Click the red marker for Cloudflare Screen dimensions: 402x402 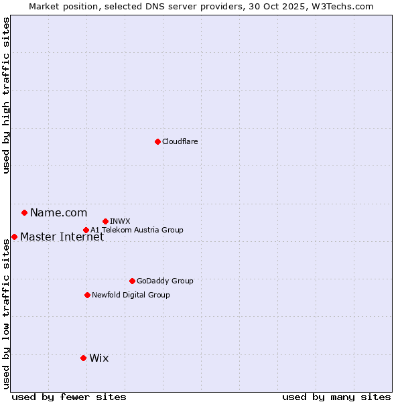(157, 141)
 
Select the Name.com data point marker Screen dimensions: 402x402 (24, 213)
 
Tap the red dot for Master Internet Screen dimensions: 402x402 (14, 237)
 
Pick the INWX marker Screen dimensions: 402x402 (105, 221)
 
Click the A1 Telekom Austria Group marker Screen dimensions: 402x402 (86, 230)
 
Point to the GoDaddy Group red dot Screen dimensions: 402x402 (132, 281)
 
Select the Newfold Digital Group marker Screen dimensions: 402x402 (87, 295)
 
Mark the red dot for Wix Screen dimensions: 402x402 (83, 358)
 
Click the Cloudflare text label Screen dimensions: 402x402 (180, 141)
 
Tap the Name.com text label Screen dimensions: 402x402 (58, 213)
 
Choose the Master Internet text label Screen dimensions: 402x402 (62, 237)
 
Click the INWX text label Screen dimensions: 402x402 (120, 221)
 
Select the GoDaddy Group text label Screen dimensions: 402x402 (165, 281)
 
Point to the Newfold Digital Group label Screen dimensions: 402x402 (131, 295)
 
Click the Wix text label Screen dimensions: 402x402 (98, 358)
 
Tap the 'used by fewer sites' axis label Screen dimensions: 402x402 (69, 397)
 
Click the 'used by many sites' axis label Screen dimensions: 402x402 (336, 397)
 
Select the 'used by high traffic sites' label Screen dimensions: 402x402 (6, 95)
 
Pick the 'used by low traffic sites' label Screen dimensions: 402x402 (6, 314)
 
